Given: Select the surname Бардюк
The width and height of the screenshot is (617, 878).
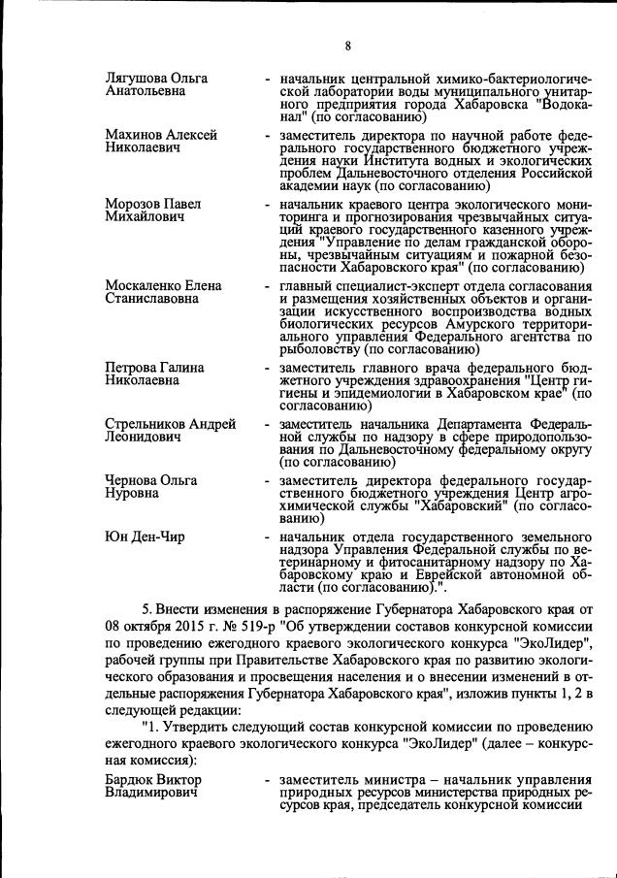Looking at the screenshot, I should click(x=131, y=780).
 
